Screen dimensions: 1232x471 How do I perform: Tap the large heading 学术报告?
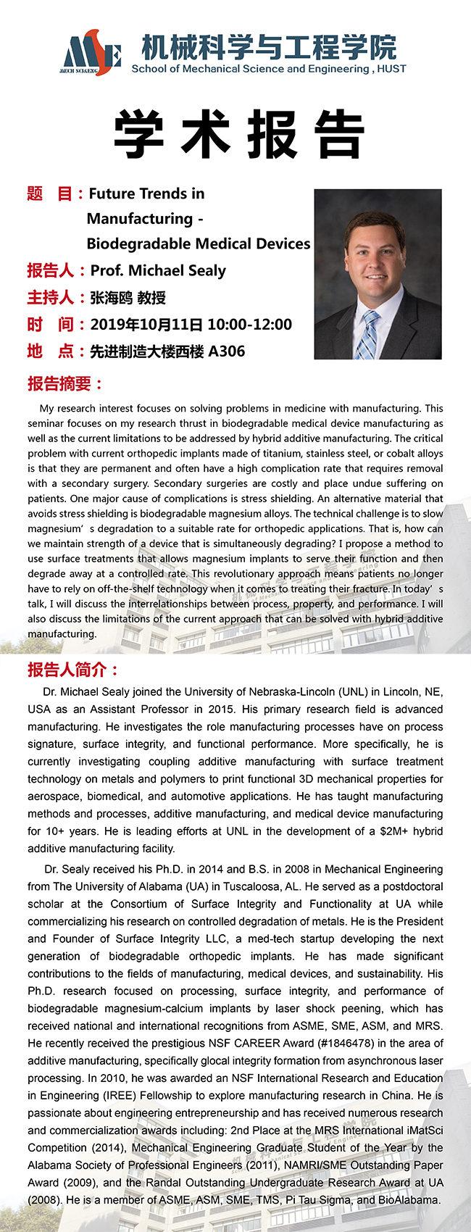pyautogui.click(x=238, y=135)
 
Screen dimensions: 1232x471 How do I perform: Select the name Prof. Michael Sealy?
pyautogui.click(x=158, y=271)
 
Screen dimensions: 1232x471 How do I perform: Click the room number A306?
pyautogui.click(x=227, y=351)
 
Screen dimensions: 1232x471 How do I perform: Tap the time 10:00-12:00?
pyautogui.click(x=249, y=325)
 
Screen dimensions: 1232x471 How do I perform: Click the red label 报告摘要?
pyautogui.click(x=64, y=383)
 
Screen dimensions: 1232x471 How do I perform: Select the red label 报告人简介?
pyautogui.click(x=72, y=670)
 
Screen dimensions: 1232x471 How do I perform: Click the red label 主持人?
pyautogui.click(x=51, y=298)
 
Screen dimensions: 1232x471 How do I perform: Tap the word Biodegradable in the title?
pyautogui.click(x=138, y=244)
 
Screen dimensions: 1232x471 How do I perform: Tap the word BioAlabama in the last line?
pyautogui.click(x=408, y=1200)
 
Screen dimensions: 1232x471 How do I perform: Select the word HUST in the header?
pyautogui.click(x=392, y=69)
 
